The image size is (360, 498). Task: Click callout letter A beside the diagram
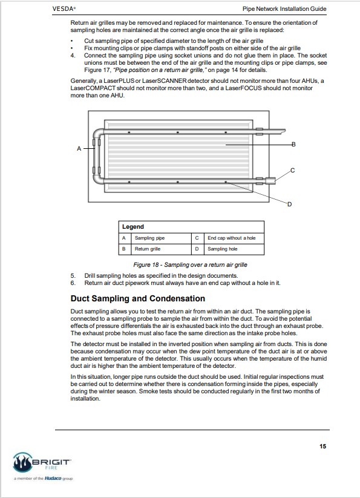tap(79, 148)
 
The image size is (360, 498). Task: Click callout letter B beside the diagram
tap(293, 145)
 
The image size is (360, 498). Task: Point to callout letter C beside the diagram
tap(293, 171)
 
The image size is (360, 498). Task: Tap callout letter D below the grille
tap(289, 204)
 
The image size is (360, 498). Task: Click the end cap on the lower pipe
tap(270, 181)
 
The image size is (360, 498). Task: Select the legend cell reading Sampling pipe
tap(149, 238)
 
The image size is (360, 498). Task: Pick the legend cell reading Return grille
tap(148, 249)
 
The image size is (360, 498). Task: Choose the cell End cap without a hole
tap(231, 238)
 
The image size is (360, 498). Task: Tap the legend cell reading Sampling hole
tap(222, 249)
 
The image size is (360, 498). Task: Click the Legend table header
tap(133, 227)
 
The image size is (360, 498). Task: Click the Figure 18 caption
tap(190, 264)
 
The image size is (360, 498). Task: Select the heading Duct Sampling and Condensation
tap(138, 298)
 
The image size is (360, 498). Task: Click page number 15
tap(323, 446)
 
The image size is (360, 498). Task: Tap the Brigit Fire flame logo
tap(22, 462)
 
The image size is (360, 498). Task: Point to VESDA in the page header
tap(64, 9)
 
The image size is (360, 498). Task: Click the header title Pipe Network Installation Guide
tap(284, 9)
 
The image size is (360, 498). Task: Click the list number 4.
tap(73, 56)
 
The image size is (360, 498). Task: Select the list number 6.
tap(73, 283)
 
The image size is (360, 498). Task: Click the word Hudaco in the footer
tap(53, 478)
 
